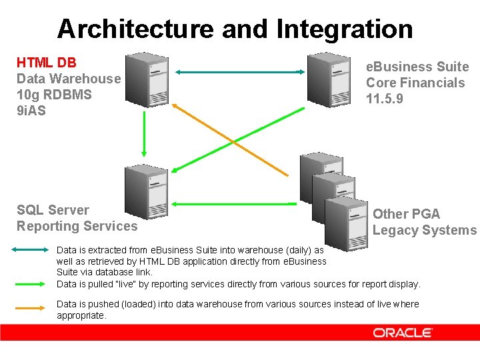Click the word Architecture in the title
pyautogui.click(x=135, y=29)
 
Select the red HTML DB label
pyautogui.click(x=47, y=63)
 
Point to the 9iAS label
pyautogui.click(x=31, y=111)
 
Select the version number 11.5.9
pyautogui.click(x=384, y=99)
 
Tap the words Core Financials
pyautogui.click(x=415, y=83)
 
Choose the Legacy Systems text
pyautogui.click(x=425, y=230)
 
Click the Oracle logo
pyautogui.click(x=403, y=333)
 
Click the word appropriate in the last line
pyautogui.click(x=81, y=315)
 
